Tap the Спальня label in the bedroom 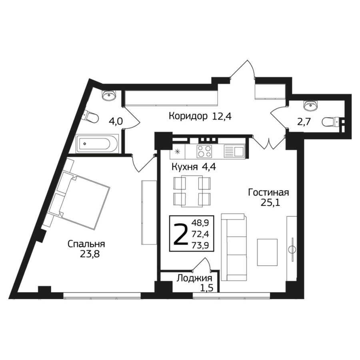coord(86,244)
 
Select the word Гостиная coord(268,192)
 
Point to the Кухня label coord(184,167)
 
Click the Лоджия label coord(194,278)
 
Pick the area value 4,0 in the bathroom coord(116,122)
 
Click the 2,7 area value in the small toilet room coord(304,122)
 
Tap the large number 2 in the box coord(180,234)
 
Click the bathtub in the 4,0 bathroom coord(97,144)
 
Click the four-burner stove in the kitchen coord(204,152)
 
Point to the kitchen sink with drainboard coord(234,152)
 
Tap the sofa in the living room coord(234,247)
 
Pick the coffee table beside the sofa coord(267,252)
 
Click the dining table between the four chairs coord(192,191)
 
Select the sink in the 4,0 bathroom coord(109,95)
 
